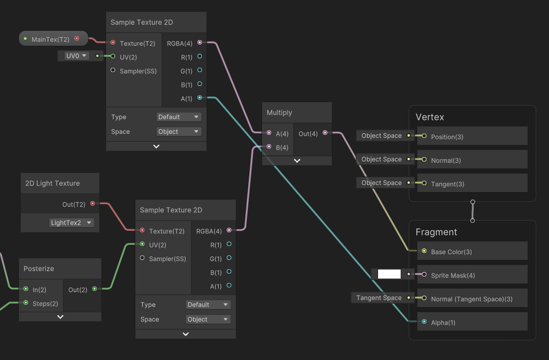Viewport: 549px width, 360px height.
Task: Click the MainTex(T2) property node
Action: pos(53,39)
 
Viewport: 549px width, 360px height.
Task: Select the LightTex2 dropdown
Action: pos(71,223)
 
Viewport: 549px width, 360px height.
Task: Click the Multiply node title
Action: pos(280,113)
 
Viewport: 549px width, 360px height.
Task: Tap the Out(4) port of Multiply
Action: pos(325,133)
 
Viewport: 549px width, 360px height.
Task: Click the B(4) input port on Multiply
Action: pos(269,147)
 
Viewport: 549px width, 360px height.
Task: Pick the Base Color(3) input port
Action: pos(424,251)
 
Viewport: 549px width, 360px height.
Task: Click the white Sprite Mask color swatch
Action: pos(389,274)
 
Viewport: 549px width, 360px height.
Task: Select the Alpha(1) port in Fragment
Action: pos(424,321)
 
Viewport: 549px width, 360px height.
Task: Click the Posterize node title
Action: pos(39,268)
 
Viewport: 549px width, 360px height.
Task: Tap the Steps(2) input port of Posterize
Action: pos(26,303)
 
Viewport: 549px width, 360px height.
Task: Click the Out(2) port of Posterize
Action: pos(95,289)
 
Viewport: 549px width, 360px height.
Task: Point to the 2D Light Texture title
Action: pos(52,183)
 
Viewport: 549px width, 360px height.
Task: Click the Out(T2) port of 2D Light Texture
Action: pos(93,204)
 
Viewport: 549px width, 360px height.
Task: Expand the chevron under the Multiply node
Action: pos(297,161)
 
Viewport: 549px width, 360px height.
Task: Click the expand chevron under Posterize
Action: pos(60,317)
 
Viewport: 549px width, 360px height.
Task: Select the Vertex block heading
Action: pos(430,117)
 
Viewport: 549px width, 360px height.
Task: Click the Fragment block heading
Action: pos(436,232)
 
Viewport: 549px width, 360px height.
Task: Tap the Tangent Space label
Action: pos(379,298)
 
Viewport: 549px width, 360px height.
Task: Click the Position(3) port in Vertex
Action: pos(424,136)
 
